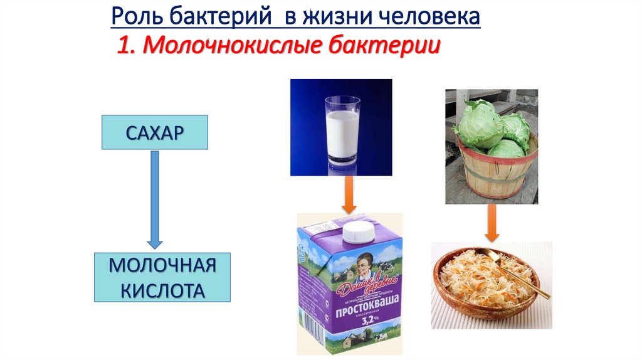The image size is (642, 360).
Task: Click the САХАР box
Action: click(155, 132)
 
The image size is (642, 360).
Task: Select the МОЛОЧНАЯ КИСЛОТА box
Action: click(162, 277)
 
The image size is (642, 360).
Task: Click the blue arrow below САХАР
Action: click(155, 198)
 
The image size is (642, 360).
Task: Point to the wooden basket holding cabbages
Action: click(495, 169)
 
